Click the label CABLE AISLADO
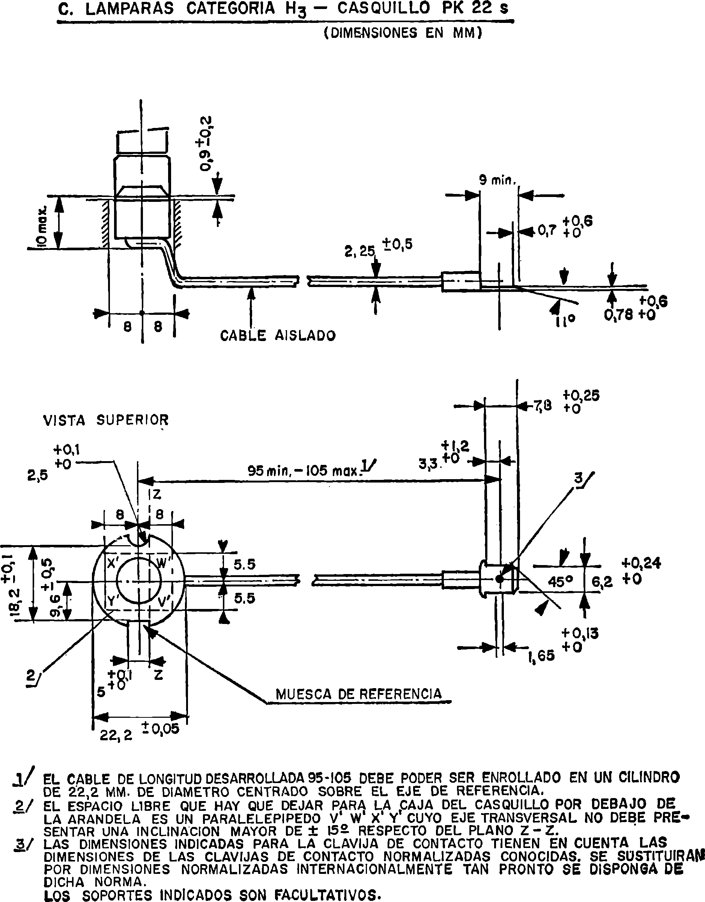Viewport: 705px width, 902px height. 278,335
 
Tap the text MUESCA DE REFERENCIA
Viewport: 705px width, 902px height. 358,694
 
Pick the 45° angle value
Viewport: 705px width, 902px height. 561,582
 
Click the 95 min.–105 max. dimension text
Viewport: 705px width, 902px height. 304,471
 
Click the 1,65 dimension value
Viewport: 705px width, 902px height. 541,655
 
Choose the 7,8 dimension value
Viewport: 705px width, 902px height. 543,407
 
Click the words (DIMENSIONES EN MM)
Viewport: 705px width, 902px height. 403,33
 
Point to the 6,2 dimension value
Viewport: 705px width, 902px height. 602,582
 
